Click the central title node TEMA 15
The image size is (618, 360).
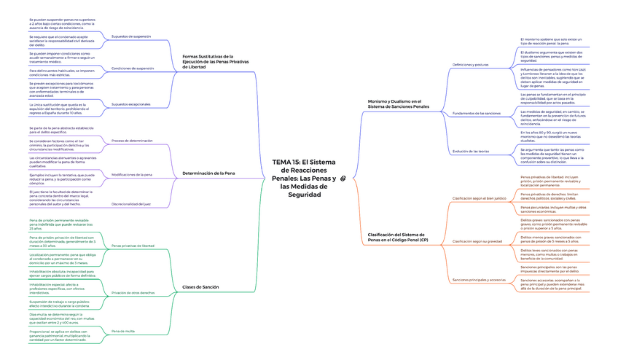pos(304,178)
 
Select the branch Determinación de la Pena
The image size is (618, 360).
pos(208,173)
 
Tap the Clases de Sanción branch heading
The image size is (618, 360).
pos(200,287)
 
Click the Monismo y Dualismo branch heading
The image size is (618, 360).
pos(394,104)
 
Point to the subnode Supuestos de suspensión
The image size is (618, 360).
pos(131,36)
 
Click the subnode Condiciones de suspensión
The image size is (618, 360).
pos(133,68)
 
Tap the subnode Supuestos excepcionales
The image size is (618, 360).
pos(131,104)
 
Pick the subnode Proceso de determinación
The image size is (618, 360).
pos(132,141)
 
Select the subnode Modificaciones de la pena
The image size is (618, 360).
pos(132,175)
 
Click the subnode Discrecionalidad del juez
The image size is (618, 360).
pos(132,204)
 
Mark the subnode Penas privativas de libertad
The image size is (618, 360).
pos(133,246)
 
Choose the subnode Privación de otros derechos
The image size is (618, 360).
pos(133,292)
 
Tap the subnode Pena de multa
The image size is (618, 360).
pos(123,332)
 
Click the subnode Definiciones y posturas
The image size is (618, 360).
pos(470,65)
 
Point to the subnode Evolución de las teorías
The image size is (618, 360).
pos(471,151)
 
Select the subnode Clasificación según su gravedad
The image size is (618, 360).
pos(478,240)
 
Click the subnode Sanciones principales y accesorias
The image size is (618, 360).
pos(479,280)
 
